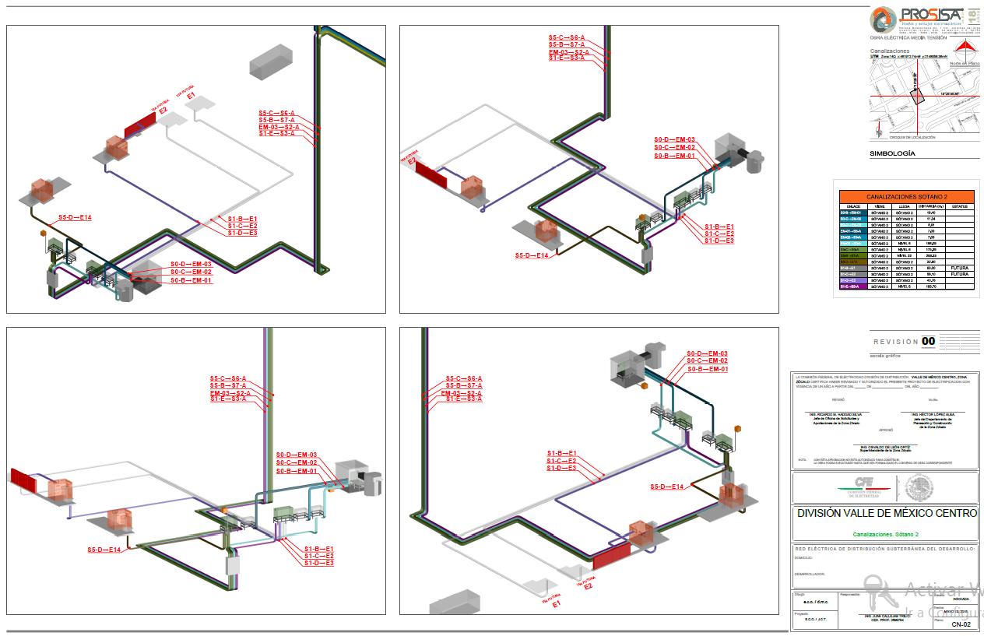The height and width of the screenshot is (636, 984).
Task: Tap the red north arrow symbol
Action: click(964, 46)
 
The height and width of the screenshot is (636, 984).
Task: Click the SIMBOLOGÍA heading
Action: click(892, 154)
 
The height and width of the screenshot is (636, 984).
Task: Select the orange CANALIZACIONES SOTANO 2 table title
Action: click(904, 197)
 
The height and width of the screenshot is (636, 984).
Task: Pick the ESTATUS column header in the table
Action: click(959, 206)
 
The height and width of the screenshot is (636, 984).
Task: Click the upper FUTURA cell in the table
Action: click(959, 268)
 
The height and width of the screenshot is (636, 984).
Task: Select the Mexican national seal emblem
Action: click(919, 488)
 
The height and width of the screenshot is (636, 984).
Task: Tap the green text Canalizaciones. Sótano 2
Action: click(886, 535)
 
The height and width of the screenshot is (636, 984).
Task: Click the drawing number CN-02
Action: click(961, 624)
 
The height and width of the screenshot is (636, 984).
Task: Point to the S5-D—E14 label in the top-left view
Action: click(75, 218)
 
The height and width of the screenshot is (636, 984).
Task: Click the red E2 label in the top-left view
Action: click(163, 111)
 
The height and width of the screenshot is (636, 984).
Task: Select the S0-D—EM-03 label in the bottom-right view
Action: click(707, 353)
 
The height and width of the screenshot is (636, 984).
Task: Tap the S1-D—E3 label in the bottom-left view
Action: click(319, 562)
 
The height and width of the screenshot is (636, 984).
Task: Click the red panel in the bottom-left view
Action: click(23, 480)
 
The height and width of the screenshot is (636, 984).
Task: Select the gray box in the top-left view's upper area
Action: click(270, 60)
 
